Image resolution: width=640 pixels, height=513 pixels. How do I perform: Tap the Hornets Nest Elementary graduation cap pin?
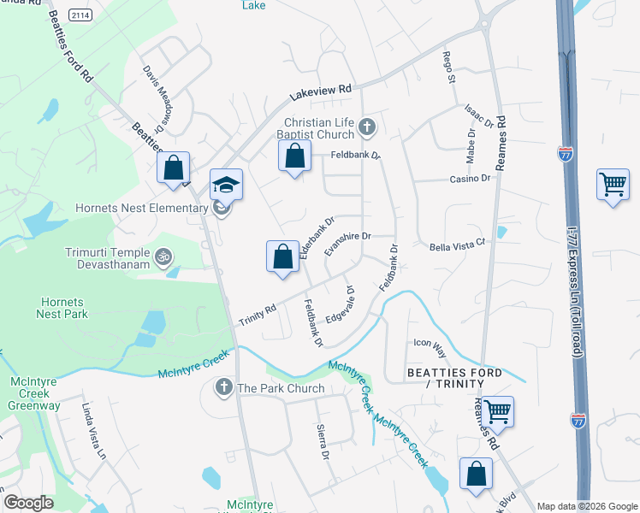[x=227, y=185]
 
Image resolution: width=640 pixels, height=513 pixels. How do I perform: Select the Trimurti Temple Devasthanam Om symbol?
[x=163, y=254]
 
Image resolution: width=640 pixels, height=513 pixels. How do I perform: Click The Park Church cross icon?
[x=223, y=388]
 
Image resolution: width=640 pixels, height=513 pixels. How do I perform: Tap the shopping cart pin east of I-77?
[x=613, y=185]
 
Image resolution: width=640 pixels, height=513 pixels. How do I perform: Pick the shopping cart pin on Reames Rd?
[x=496, y=412]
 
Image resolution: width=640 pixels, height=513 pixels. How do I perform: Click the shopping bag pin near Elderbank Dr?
[x=282, y=256]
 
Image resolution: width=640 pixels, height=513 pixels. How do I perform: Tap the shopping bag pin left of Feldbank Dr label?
[x=294, y=156]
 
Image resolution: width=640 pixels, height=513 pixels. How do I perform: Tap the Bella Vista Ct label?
[x=457, y=244]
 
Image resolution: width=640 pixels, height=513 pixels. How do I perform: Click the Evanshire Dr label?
[x=347, y=244]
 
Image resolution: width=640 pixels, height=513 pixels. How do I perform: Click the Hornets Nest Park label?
[x=62, y=307]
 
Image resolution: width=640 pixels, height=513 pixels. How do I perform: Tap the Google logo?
[x=28, y=502]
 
